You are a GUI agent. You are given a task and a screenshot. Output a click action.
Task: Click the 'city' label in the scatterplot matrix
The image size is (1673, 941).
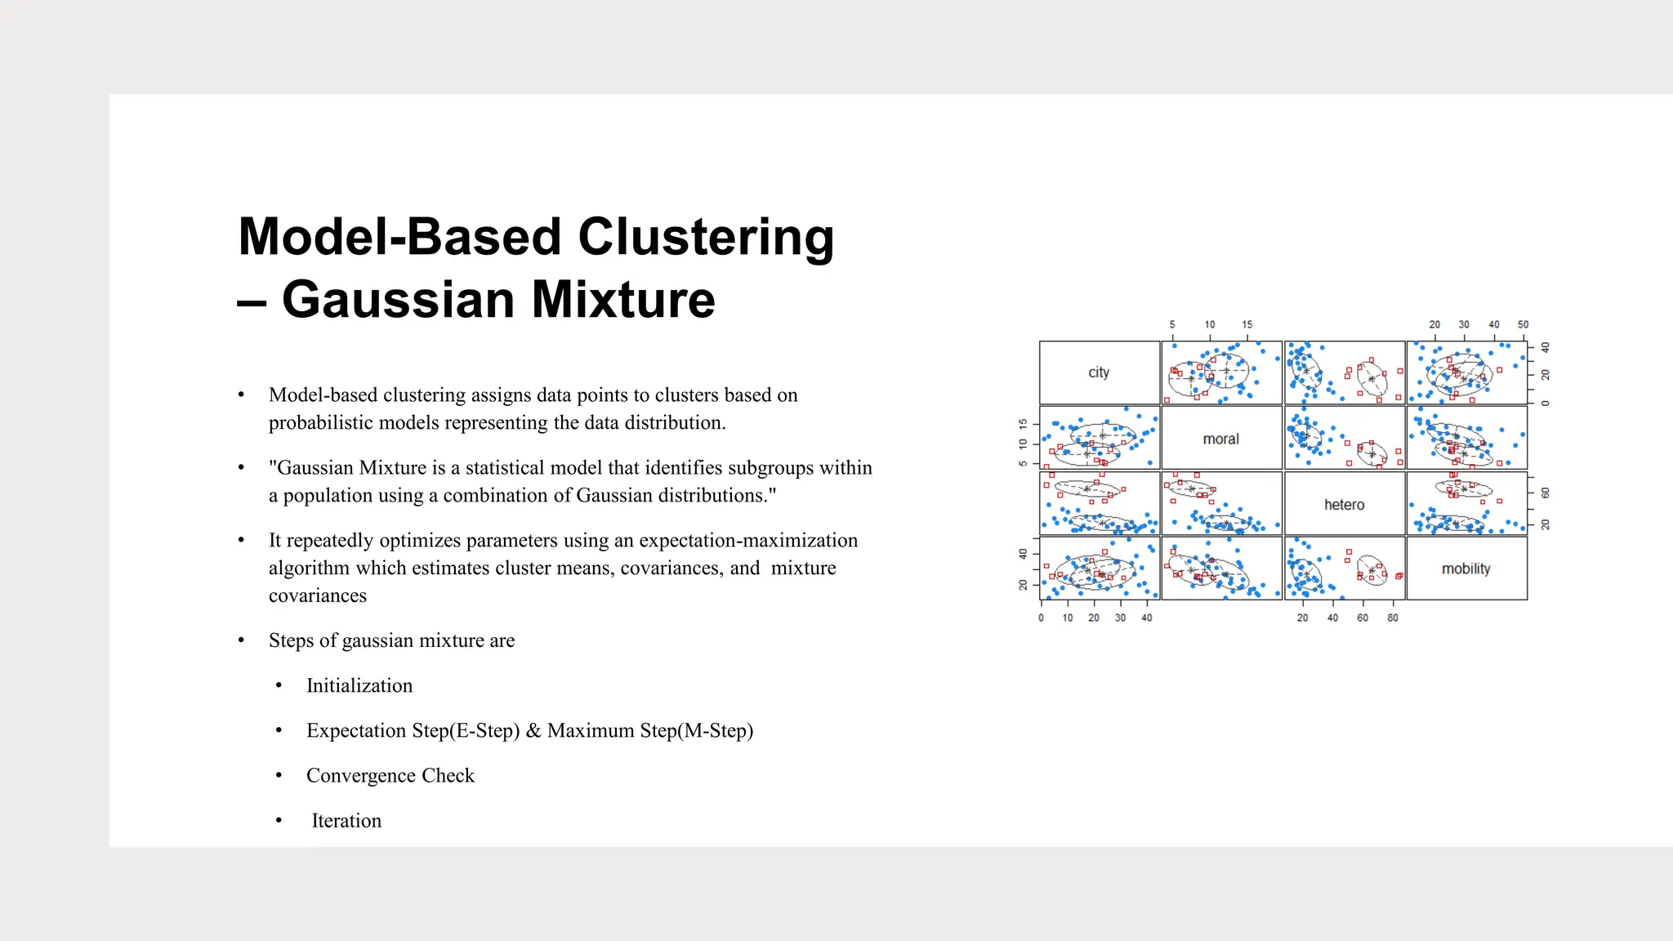tap(1099, 372)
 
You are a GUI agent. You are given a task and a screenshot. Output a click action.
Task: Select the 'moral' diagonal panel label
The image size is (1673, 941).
tap(1220, 439)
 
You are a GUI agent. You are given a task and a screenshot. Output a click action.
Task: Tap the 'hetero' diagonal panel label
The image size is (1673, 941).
tap(1344, 505)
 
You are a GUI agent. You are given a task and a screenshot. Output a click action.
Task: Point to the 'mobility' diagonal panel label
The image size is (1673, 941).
tap(1466, 569)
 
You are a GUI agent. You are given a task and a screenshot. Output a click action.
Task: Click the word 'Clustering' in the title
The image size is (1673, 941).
tap(706, 237)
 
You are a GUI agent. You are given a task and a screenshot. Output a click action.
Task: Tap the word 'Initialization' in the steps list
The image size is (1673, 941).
tap(359, 685)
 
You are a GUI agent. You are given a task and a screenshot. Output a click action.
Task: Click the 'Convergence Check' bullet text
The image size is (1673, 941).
tap(390, 775)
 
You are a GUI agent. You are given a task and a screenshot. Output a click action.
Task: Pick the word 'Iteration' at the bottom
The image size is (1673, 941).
tap(346, 820)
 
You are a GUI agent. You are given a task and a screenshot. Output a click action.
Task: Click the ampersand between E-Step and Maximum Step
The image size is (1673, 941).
tap(533, 730)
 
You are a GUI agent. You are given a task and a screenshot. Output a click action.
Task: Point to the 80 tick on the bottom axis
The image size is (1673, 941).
tap(1392, 618)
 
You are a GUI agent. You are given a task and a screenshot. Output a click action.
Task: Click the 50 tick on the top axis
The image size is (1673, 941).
tap(1523, 324)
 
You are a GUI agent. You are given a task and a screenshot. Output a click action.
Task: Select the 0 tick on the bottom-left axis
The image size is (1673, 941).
tap(1041, 618)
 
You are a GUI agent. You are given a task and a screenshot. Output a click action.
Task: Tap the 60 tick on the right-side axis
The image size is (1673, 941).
tap(1545, 493)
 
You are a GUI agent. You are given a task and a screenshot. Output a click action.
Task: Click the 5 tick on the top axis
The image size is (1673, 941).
tap(1172, 324)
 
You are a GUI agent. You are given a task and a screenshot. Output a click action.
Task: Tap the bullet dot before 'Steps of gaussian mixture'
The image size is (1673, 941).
tap(241, 640)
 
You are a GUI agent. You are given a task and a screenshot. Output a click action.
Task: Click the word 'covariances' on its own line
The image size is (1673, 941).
tap(318, 595)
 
